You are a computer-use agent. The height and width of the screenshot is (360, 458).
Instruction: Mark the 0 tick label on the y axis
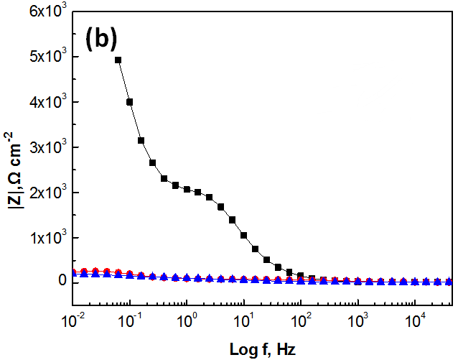62,282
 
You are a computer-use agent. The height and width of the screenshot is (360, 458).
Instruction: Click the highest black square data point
118,60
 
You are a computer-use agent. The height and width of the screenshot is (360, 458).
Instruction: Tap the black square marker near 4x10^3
130,102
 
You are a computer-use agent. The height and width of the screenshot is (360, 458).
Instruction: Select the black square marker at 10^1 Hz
244,235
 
